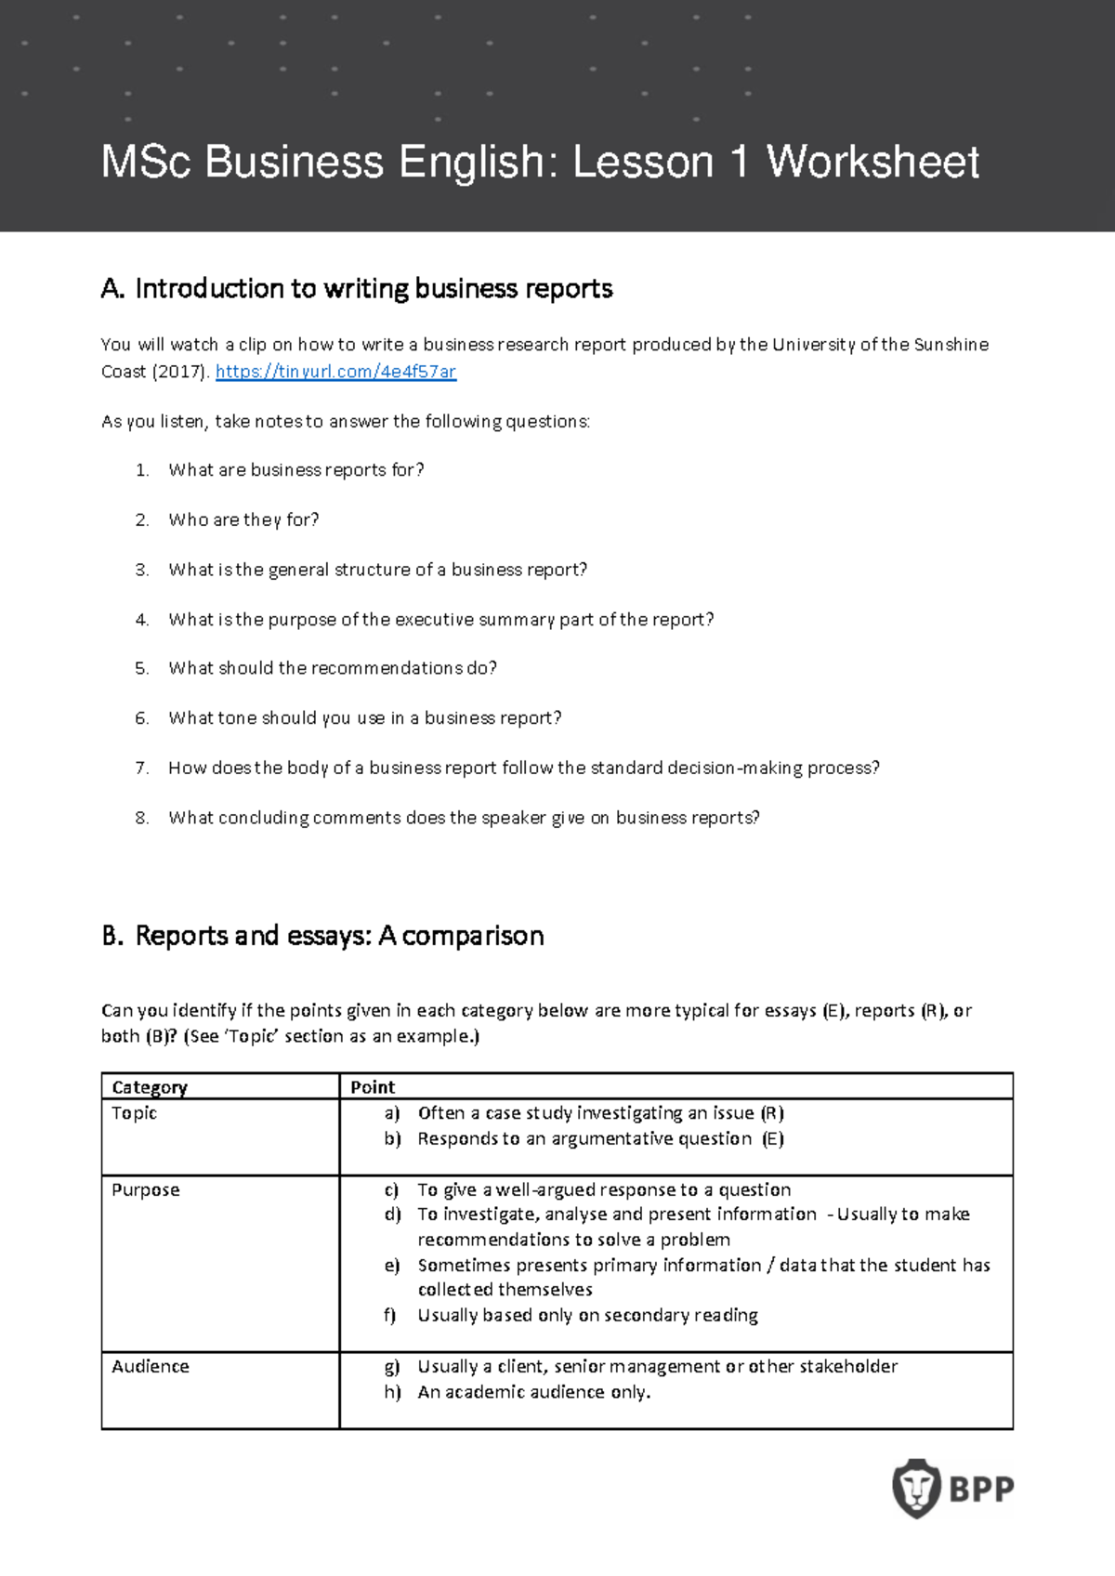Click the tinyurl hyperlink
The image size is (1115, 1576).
click(335, 372)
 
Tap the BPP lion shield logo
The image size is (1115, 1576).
click(916, 1488)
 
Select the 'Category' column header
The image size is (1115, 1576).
click(150, 1087)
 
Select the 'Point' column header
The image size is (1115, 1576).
click(373, 1087)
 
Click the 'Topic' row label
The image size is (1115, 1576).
click(135, 1113)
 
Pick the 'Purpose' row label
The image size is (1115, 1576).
click(146, 1190)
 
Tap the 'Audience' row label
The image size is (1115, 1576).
click(151, 1367)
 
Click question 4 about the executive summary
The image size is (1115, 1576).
click(440, 620)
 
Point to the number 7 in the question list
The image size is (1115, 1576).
click(141, 768)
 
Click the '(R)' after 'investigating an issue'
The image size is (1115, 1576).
click(772, 1113)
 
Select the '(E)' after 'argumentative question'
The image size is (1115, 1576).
click(773, 1139)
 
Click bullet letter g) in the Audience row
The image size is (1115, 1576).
click(392, 1367)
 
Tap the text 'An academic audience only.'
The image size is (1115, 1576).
click(533, 1392)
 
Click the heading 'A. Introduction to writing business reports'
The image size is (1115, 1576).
click(357, 289)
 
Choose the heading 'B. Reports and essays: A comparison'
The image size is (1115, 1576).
click(322, 936)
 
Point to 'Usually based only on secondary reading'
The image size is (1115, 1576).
click(587, 1316)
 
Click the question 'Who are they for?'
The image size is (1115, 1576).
click(243, 520)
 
